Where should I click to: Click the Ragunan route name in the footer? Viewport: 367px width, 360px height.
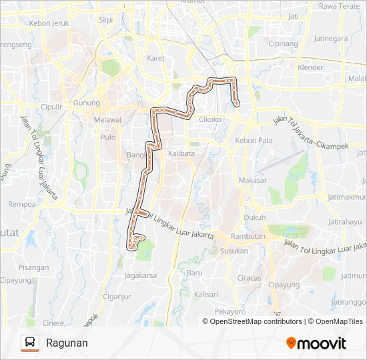click(67, 343)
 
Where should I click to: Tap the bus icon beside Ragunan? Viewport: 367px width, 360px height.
click(30, 343)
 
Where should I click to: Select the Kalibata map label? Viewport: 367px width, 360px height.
click(181, 153)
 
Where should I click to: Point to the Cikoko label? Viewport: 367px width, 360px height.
click(210, 119)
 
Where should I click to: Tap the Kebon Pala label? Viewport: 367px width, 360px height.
click(254, 140)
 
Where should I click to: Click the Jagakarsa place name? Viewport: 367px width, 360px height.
click(140, 273)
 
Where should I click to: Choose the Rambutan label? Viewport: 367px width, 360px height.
click(248, 237)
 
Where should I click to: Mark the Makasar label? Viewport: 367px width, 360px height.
click(253, 180)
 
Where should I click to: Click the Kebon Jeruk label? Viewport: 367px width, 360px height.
click(50, 23)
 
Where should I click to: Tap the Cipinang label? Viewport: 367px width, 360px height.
click(282, 43)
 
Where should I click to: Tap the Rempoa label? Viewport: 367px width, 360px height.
click(21, 204)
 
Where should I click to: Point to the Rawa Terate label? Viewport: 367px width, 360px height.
click(339, 6)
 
